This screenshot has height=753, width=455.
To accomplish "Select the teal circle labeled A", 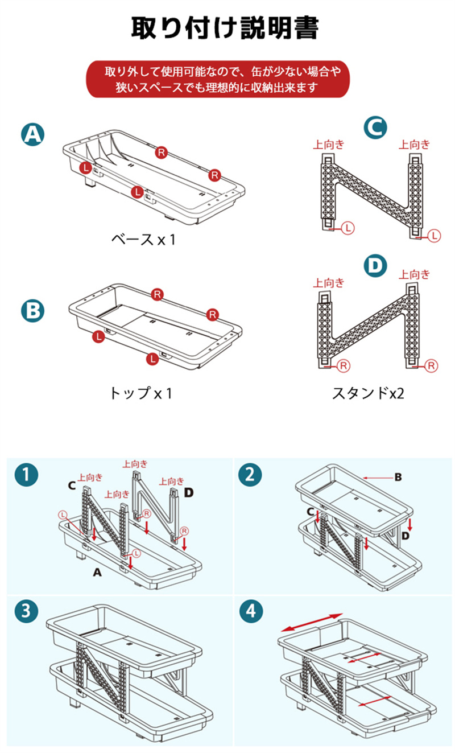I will [x=33, y=134].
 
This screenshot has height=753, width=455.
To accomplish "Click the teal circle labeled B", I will [x=33, y=311].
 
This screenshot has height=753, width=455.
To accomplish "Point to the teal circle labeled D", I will [x=375, y=266].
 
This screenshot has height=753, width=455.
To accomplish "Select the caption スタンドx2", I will [x=368, y=393].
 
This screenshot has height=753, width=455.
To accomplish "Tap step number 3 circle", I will [x=27, y=612].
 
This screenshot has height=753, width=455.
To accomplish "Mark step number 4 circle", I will [x=250, y=612].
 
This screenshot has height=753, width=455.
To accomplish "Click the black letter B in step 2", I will [x=398, y=477].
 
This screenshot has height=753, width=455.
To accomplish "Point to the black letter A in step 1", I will [x=97, y=573].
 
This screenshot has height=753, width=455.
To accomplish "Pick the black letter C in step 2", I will [x=311, y=512].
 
